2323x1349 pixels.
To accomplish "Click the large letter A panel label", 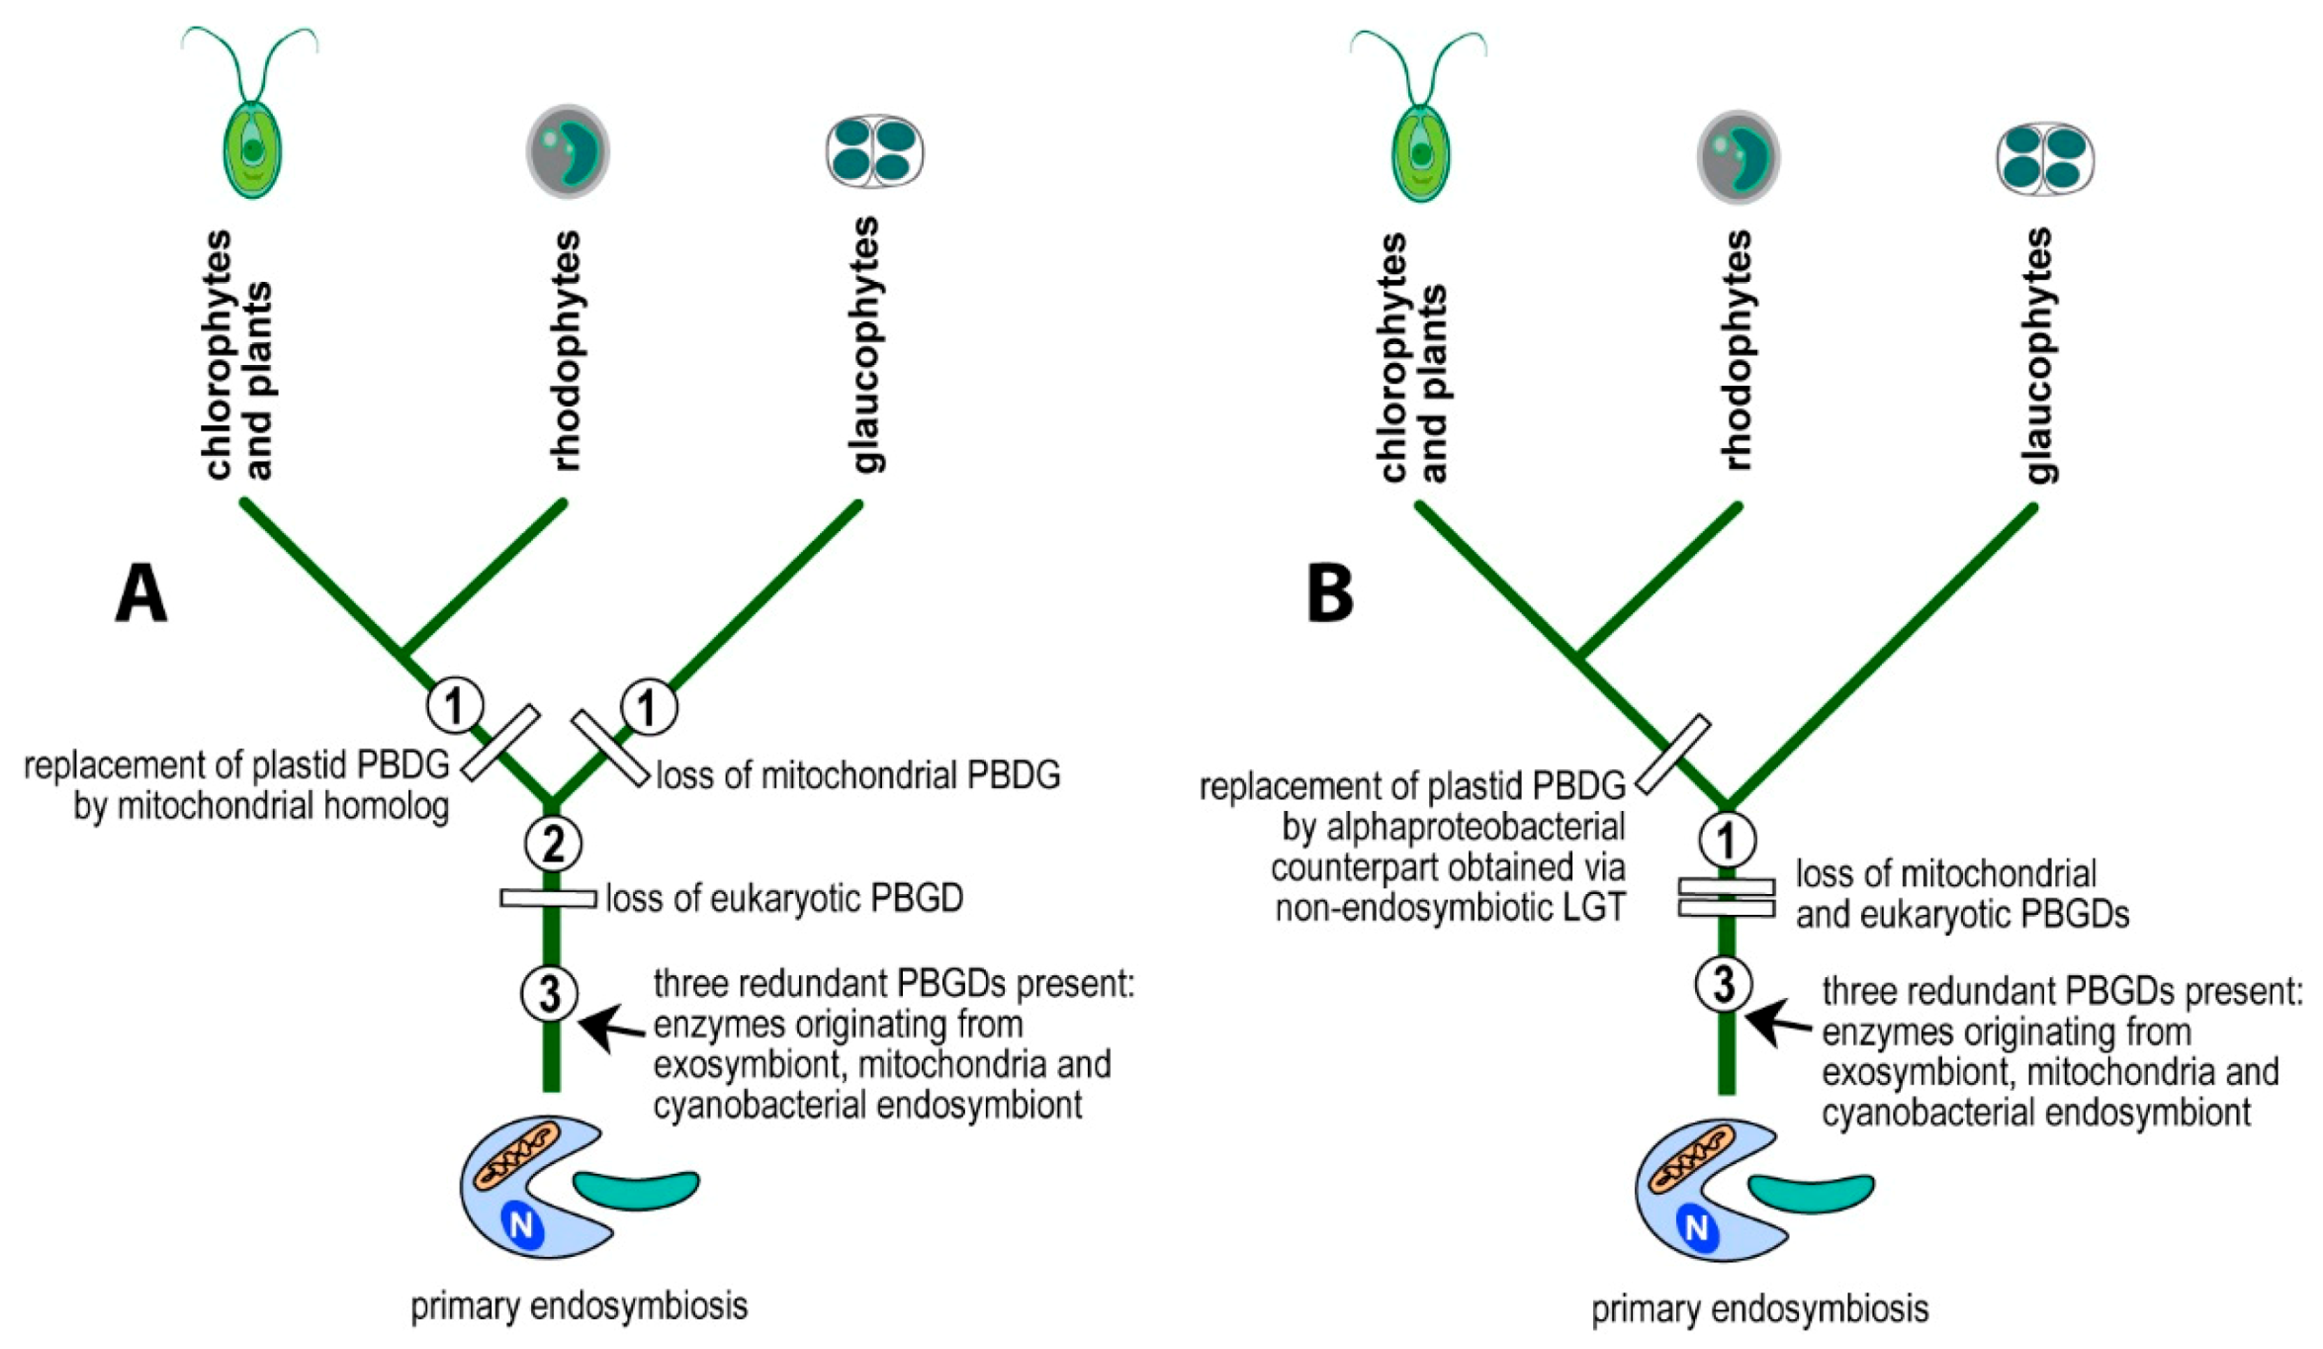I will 140,593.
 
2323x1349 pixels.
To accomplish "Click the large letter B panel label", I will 1329,593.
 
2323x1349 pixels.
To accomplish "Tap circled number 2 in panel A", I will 553,844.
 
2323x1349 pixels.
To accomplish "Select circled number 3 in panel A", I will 550,993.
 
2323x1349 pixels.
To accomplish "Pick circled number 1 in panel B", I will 1727,841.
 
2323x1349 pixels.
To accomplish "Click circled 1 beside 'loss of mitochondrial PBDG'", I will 649,707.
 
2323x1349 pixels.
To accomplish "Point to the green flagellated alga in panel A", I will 252,138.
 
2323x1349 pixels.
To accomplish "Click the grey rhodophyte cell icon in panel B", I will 1738,156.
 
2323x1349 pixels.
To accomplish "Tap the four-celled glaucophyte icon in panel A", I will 874,151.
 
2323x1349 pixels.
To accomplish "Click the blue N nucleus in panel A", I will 522,1226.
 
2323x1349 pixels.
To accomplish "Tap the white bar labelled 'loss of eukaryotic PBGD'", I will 548,898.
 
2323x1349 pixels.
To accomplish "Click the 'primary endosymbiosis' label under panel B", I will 1759,1308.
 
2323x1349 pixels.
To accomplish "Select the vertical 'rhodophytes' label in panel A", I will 566,351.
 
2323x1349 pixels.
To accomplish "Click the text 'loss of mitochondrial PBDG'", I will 857,775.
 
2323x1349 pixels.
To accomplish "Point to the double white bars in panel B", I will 1727,897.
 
